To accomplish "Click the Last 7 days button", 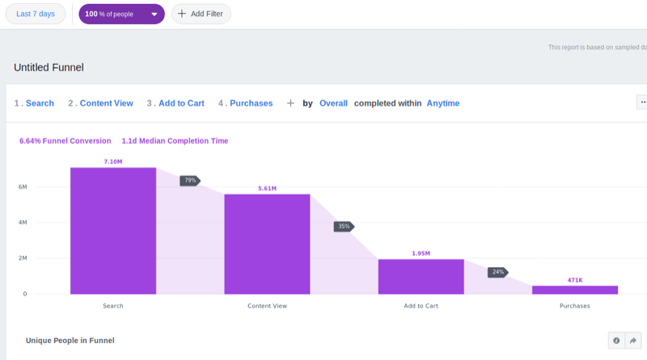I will pyautogui.click(x=36, y=14).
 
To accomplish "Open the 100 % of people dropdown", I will pyautogui.click(x=121, y=14).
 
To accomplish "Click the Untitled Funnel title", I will pyautogui.click(x=49, y=68).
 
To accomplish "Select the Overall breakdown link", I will pyautogui.click(x=333, y=104).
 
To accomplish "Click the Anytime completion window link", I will pyautogui.click(x=443, y=104).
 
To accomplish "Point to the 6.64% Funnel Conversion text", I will pyautogui.click(x=66, y=141).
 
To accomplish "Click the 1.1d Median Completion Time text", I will pyautogui.click(x=175, y=141).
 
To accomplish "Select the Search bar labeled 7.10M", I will pyautogui.click(x=113, y=231).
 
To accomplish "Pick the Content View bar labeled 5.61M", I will pyautogui.click(x=267, y=244).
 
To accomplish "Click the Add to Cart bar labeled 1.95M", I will pyautogui.click(x=421, y=276).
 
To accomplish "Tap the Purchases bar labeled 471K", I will pyautogui.click(x=575, y=290).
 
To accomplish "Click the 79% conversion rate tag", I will pyautogui.click(x=190, y=180).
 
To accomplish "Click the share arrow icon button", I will pyautogui.click(x=634, y=341).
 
